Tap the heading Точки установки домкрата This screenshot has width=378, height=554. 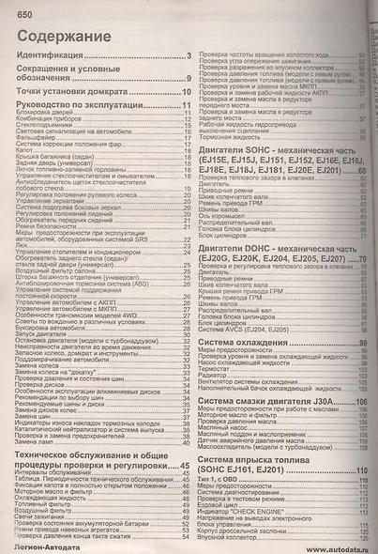(x=74, y=91)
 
